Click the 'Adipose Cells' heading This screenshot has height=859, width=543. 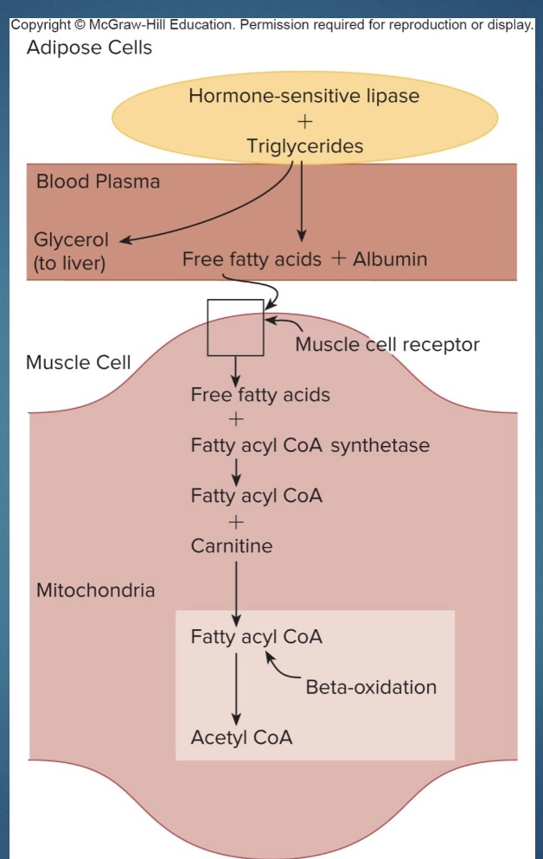click(89, 48)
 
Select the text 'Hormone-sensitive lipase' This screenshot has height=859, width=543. click(303, 96)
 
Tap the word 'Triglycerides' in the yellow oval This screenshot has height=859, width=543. click(304, 146)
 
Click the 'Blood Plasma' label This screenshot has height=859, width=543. click(98, 182)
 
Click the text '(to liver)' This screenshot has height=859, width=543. click(69, 264)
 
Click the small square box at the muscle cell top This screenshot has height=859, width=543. click(235, 328)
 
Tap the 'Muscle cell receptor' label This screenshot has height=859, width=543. click(386, 345)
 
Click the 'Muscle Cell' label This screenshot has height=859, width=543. click(79, 361)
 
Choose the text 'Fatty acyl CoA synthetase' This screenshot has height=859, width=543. click(310, 446)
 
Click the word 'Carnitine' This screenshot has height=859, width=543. click(231, 546)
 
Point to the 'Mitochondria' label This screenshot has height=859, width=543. click(95, 591)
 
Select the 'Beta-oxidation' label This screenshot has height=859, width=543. click(371, 687)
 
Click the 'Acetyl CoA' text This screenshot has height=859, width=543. click(241, 737)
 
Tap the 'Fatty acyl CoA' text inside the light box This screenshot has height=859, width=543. click(256, 637)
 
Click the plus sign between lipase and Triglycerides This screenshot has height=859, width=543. click(303, 121)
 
